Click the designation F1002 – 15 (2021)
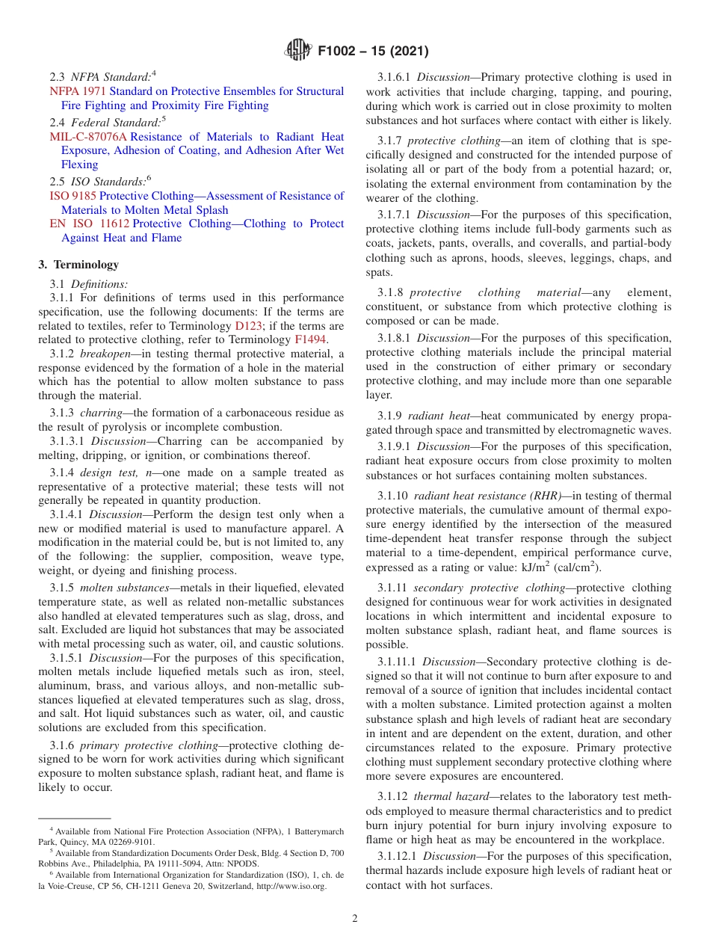(373, 51)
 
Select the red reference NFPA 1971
(78, 91)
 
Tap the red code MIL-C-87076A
(88, 137)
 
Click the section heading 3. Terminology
(78, 265)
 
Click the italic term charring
(102, 413)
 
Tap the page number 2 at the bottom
(355, 919)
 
